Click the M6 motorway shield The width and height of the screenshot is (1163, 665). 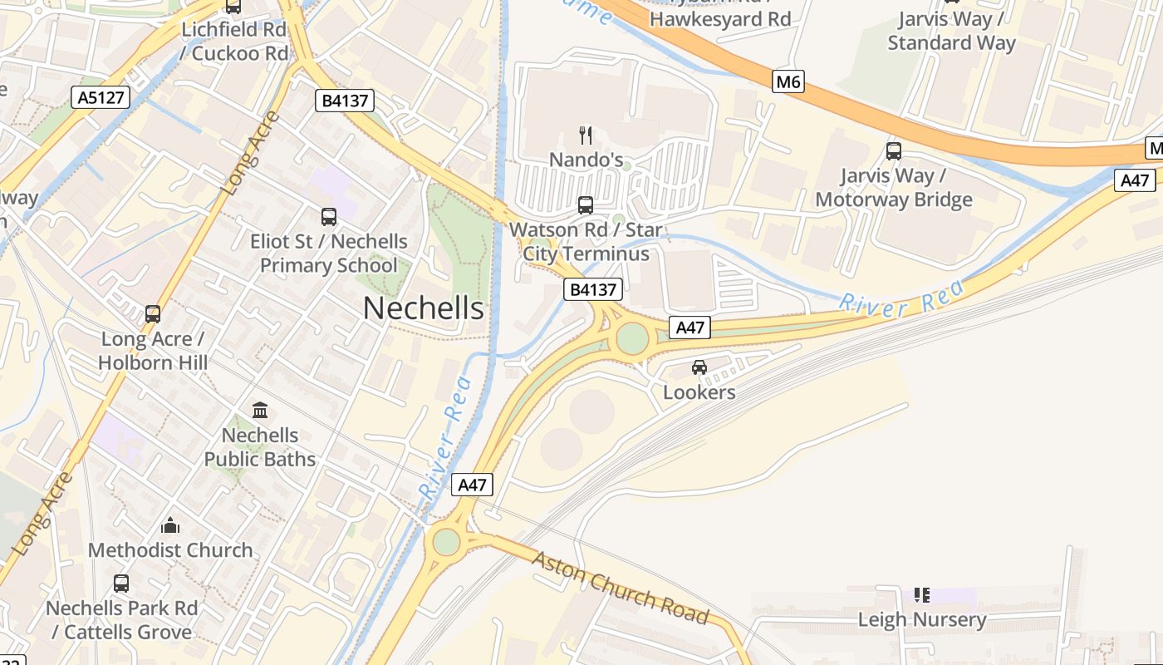click(x=788, y=81)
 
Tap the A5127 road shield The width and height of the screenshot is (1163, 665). click(x=101, y=98)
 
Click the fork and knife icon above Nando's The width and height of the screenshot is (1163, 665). click(x=586, y=135)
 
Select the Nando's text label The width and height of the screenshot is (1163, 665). click(x=586, y=159)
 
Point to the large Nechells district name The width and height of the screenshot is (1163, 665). click(x=424, y=308)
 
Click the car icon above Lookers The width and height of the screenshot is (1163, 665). click(x=699, y=367)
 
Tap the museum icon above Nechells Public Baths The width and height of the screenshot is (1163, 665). click(x=260, y=411)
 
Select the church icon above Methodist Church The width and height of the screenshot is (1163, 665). click(x=170, y=525)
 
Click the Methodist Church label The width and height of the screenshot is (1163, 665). click(x=170, y=550)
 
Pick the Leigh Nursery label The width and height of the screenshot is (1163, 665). click(x=922, y=619)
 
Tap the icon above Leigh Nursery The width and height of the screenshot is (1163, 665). click(x=922, y=595)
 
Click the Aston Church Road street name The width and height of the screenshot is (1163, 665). click(x=621, y=588)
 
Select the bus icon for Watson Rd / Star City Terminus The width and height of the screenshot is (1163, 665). click(x=586, y=204)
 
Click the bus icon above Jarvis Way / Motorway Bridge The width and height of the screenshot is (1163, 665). click(x=894, y=151)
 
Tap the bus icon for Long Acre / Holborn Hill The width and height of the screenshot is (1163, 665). click(x=153, y=314)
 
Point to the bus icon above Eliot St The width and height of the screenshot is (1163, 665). click(x=329, y=217)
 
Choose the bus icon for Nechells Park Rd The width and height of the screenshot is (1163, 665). click(x=121, y=584)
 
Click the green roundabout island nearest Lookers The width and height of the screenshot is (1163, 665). click(x=632, y=338)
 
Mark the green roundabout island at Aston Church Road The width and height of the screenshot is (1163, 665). click(x=446, y=542)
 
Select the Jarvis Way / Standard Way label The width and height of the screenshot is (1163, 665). click(x=951, y=31)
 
